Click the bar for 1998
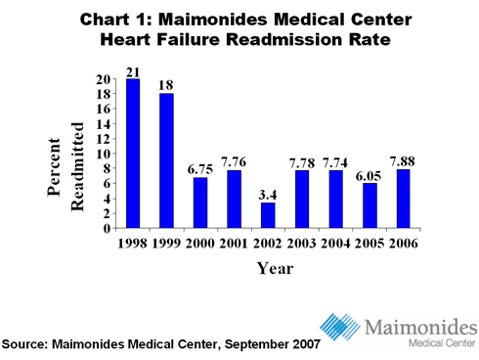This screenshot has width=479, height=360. (132, 154)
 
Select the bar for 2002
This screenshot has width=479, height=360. (268, 215)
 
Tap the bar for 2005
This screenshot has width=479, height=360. (370, 205)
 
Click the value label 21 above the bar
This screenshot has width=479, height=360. (132, 70)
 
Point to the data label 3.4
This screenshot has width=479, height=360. (268, 195)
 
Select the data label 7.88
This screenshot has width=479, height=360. (404, 161)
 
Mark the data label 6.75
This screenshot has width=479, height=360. (200, 169)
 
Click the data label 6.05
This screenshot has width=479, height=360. (370, 174)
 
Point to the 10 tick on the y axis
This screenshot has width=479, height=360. (102, 154)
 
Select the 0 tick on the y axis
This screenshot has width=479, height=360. (106, 228)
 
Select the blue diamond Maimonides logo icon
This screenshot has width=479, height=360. (341, 326)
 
